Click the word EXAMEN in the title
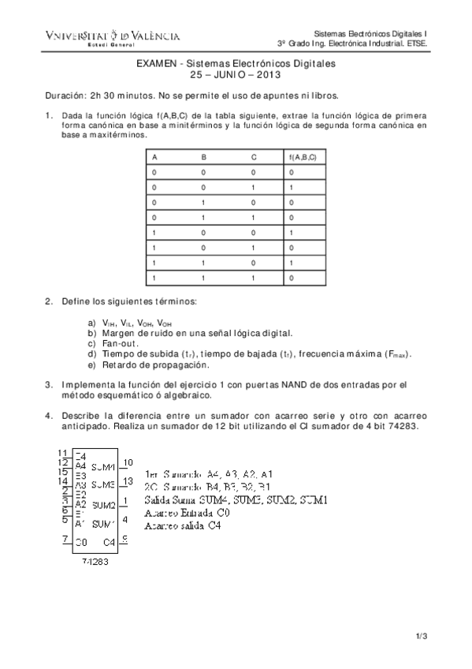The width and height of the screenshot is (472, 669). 158,63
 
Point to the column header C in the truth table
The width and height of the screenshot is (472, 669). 254,158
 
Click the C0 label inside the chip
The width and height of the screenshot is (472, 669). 81,542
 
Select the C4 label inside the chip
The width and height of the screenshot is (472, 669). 110,542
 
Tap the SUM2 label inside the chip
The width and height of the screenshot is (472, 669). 103,504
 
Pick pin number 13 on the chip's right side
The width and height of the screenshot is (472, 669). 128,481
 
